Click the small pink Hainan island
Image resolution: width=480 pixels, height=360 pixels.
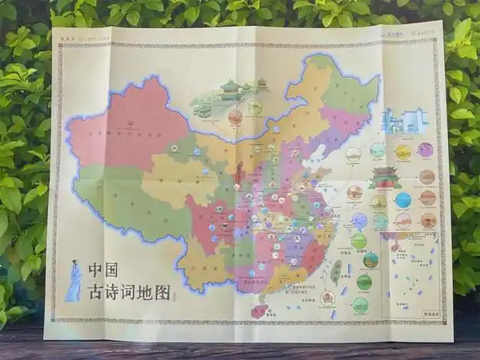tap(260, 310)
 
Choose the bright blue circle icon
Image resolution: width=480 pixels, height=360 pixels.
tap(403, 200)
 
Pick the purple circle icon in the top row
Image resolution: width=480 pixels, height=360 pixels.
tap(426, 150)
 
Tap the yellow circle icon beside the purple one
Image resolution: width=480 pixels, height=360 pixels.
tap(403, 152)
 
